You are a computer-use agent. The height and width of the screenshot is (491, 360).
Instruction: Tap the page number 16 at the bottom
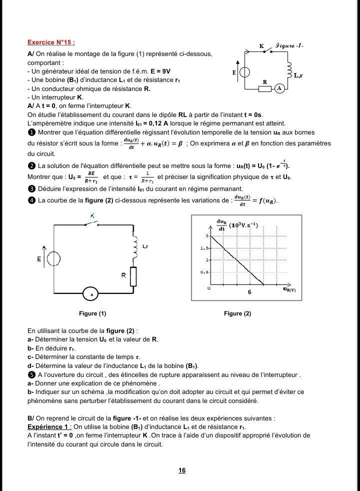click(x=182, y=470)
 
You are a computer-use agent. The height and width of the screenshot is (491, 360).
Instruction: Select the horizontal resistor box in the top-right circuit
click(x=264, y=88)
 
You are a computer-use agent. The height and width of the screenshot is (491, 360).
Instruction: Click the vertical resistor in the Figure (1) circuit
click(x=133, y=276)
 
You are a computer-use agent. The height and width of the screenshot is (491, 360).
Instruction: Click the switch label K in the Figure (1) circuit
click(x=92, y=215)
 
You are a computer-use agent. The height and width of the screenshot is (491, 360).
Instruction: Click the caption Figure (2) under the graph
click(x=237, y=313)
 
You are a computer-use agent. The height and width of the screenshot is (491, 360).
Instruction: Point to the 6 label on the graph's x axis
click(x=249, y=292)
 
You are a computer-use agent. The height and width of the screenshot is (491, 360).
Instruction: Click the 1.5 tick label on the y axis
click(x=204, y=247)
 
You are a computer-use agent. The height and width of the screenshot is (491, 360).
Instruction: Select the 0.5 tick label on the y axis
click(x=204, y=272)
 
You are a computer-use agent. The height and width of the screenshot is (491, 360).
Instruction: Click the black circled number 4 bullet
click(x=31, y=200)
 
